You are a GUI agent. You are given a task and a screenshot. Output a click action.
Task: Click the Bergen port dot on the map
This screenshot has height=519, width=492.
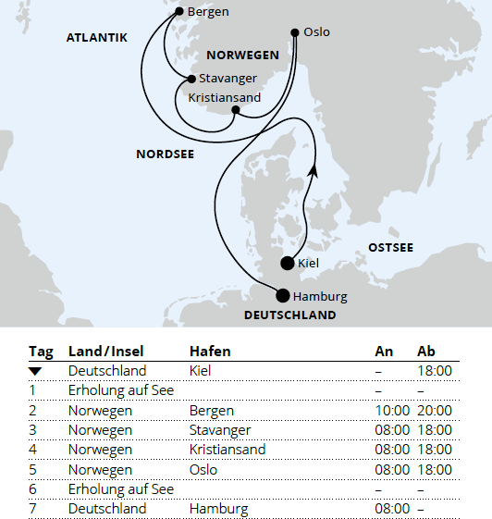point(179,12)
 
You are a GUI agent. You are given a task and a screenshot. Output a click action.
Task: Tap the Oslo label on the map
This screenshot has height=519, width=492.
point(315,32)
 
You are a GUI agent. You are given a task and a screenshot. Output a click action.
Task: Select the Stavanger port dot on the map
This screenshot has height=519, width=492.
point(191,80)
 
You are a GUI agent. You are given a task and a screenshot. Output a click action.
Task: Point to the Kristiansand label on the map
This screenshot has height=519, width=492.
point(224,97)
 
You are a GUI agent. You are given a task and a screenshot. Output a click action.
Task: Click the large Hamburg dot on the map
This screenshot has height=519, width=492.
point(283,296)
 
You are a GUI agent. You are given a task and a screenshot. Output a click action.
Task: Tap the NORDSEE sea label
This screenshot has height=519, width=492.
point(165,154)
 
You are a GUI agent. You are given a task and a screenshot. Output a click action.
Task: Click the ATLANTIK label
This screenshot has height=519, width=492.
point(96,38)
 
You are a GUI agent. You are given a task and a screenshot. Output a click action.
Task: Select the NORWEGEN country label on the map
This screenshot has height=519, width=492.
point(242,56)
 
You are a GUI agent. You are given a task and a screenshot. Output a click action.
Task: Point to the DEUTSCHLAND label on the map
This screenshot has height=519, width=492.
point(289,315)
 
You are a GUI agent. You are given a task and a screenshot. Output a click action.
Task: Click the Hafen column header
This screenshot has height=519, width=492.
point(210,352)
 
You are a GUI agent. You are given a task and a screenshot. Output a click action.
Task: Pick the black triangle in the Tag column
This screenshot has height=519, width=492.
point(35,371)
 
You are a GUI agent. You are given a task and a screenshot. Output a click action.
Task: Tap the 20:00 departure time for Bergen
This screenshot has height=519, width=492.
point(435,410)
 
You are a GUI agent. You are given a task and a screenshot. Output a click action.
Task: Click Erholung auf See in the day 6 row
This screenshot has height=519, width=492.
point(121,489)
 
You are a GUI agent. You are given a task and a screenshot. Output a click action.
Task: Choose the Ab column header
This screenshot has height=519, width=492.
point(426,352)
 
